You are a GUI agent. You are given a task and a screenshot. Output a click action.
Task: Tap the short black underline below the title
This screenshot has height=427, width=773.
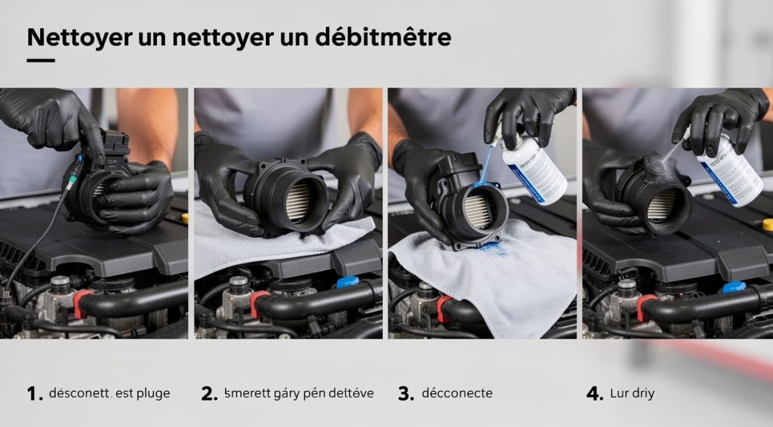[41, 60]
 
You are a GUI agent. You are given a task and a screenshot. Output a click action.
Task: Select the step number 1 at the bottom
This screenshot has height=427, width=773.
[33, 394]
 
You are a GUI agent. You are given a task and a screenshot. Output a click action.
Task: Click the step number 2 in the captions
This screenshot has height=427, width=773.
[209, 394]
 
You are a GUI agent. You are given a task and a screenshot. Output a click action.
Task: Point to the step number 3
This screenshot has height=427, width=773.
[405, 394]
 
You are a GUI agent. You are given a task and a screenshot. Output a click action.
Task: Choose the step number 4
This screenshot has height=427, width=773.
[595, 394]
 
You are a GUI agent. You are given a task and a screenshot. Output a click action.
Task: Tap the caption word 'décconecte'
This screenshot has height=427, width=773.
[457, 394]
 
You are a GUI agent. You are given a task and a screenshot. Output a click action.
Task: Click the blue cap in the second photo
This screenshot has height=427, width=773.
[346, 281]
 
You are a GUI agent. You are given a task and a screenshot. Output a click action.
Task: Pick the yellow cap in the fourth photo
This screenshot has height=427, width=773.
[767, 225]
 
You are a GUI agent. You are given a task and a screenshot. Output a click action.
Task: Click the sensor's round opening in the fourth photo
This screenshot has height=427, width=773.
[662, 203]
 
